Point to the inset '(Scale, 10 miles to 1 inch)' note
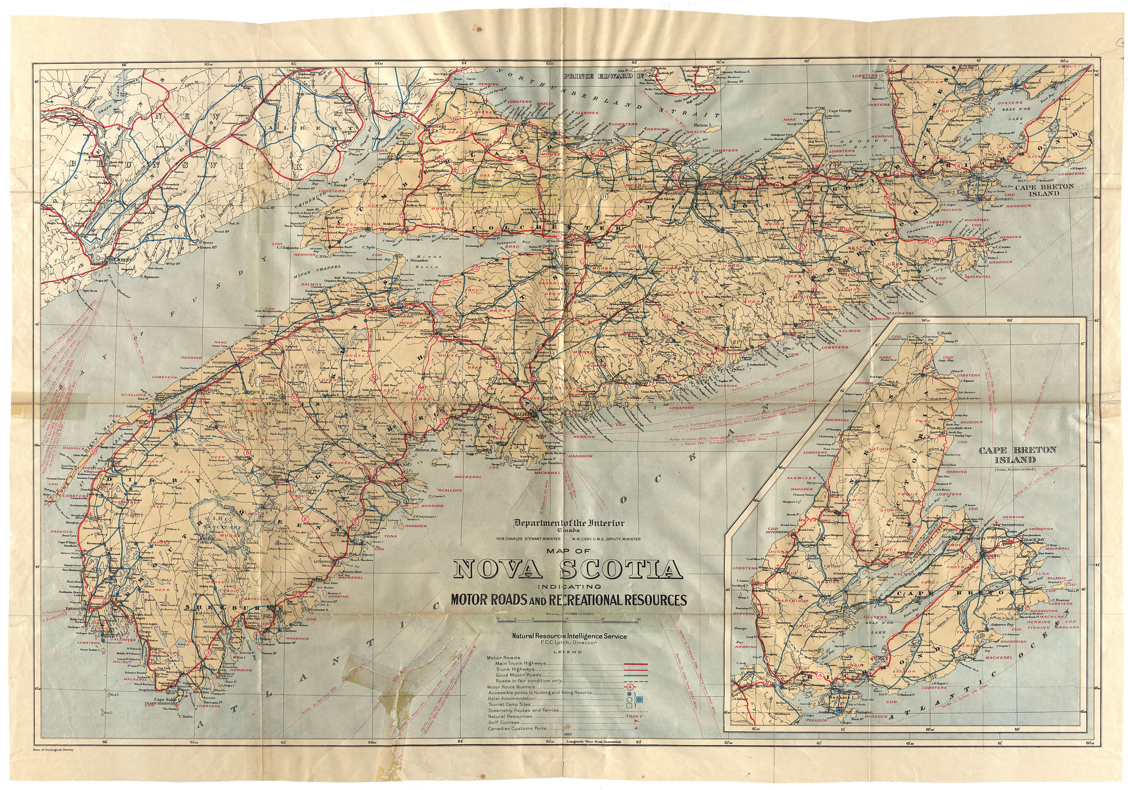[1014, 468]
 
